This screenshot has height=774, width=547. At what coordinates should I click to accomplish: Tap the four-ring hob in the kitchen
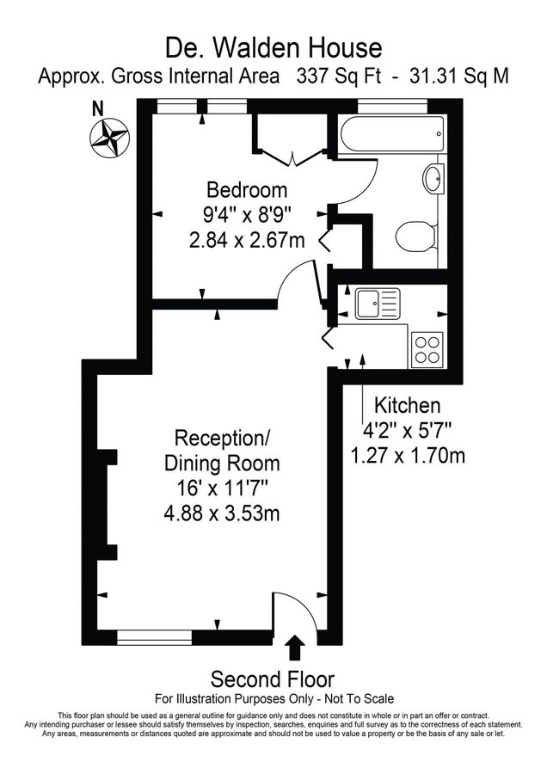point(427,347)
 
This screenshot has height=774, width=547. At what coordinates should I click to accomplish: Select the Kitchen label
point(407,405)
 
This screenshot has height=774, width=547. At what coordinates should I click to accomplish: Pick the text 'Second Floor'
point(273,679)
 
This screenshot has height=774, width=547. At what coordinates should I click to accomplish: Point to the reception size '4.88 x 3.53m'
point(221,514)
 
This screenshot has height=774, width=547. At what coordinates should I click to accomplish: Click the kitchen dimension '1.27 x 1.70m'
point(409,453)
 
